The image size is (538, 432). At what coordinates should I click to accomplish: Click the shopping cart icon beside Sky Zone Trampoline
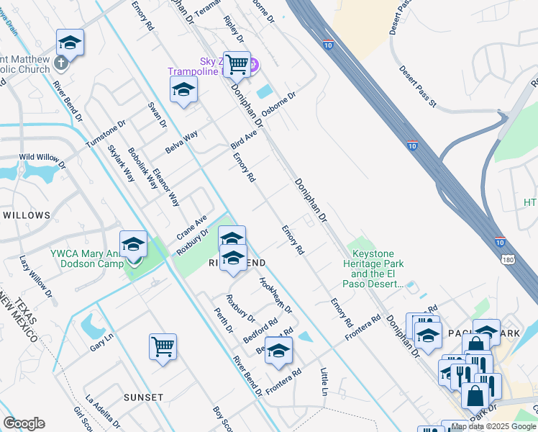[237, 64]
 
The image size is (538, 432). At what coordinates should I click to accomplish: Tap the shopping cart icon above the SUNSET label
[163, 346]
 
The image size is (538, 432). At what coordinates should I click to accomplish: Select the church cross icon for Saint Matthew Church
[61, 63]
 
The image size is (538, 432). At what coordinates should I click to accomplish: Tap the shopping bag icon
[475, 395]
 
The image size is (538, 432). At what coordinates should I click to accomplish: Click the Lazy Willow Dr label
[36, 276]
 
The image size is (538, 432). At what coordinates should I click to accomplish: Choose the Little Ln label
[323, 382]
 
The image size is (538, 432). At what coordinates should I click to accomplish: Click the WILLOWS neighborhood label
[27, 215]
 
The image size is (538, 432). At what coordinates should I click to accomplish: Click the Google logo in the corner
[24, 423]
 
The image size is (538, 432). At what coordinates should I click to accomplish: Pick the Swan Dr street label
[157, 114]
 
